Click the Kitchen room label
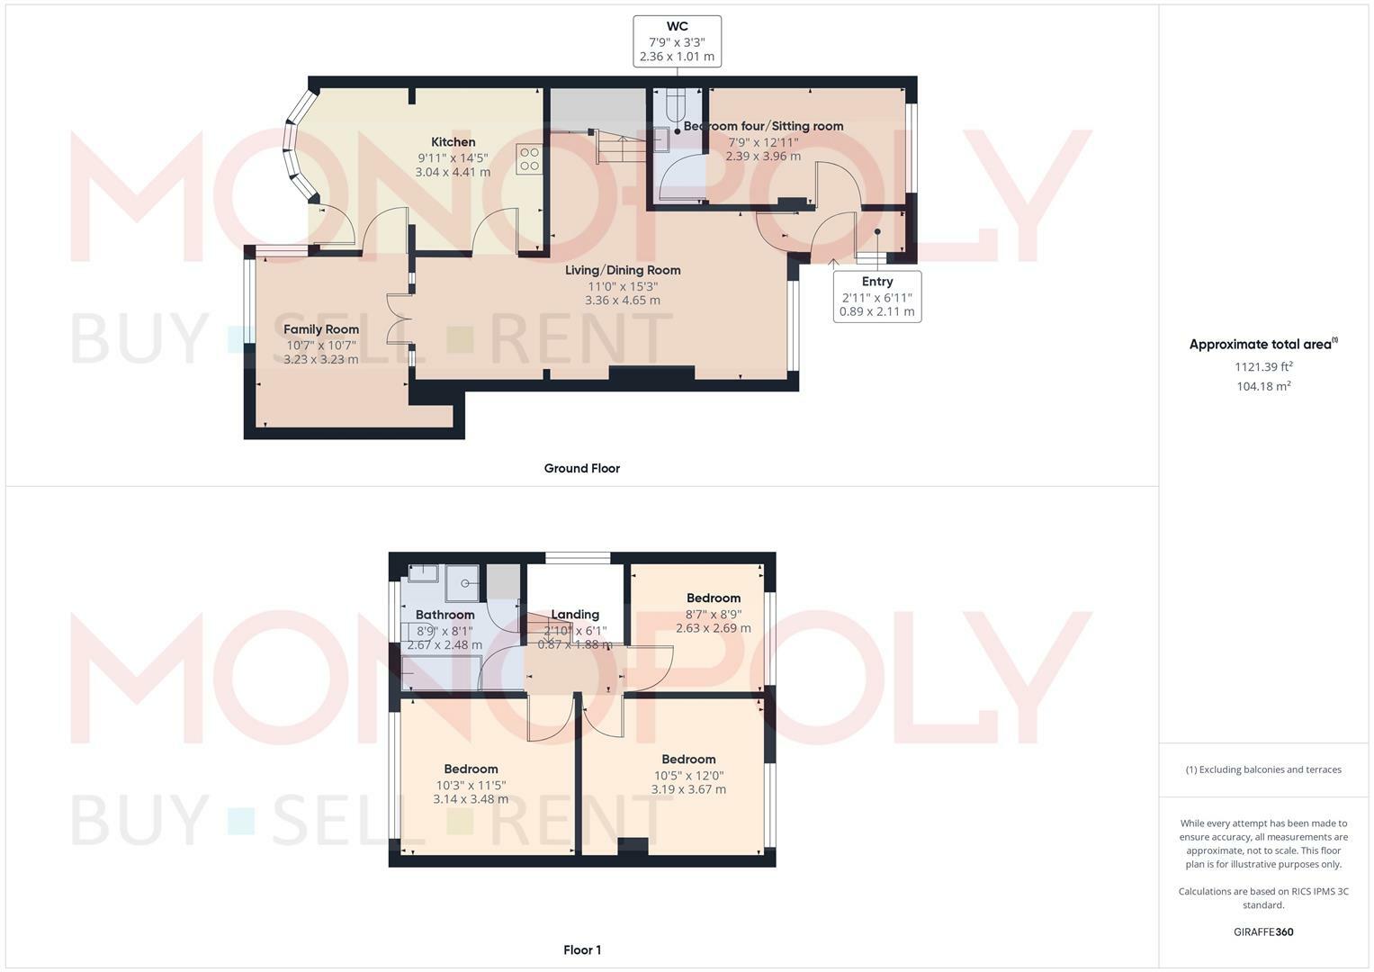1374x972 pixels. [x=453, y=142]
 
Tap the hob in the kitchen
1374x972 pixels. [x=529, y=159]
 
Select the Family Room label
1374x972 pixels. [x=321, y=329]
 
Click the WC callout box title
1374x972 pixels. [x=677, y=27]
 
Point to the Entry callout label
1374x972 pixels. [x=876, y=282]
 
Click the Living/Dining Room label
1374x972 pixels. [x=623, y=270]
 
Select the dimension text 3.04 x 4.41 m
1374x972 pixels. [x=453, y=172]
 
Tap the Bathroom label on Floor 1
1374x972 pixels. [x=445, y=615]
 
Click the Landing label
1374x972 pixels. [x=575, y=615]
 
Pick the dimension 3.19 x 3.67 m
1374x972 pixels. [x=688, y=789]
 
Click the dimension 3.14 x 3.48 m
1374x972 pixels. [x=471, y=799]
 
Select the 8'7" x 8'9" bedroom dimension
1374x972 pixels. [x=714, y=614]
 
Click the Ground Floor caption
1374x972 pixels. [x=581, y=468]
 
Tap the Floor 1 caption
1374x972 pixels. [x=581, y=949]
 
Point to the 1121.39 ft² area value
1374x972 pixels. [x=1263, y=366]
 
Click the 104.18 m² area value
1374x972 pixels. [x=1263, y=386]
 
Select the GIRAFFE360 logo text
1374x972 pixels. [x=1263, y=931]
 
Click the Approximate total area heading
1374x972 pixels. [x=1262, y=344]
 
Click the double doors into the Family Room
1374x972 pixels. [x=398, y=318]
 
